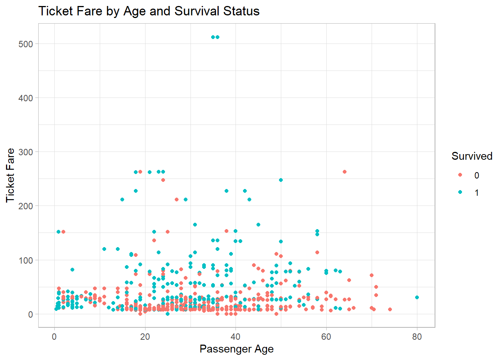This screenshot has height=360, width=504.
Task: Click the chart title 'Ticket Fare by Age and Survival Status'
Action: tap(149, 11)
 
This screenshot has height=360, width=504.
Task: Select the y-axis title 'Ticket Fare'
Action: tap(10, 175)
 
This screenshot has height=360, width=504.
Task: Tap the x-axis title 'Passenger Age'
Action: tap(236, 349)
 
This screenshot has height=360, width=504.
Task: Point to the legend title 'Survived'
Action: tap(472, 156)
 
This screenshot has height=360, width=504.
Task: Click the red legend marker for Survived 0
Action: tap(460, 175)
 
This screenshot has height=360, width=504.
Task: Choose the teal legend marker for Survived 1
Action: tap(460, 192)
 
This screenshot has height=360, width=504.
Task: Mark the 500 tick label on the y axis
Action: tap(25, 44)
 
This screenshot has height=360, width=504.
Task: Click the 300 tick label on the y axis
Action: tap(25, 152)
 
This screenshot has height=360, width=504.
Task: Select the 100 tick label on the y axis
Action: tap(25, 260)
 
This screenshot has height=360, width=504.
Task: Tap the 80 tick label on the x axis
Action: tap(417, 337)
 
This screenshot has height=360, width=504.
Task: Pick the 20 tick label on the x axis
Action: tap(145, 337)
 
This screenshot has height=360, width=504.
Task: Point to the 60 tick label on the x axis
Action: tap(326, 337)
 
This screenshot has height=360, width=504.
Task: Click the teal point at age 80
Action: tap(417, 297)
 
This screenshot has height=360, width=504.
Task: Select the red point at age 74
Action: tap(390, 309)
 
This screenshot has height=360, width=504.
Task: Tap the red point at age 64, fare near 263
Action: tap(344, 172)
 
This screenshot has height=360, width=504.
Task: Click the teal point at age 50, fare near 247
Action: tap(281, 180)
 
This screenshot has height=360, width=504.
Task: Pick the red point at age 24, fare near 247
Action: tap(163, 180)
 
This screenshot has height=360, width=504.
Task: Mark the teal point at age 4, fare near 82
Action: tap(72, 270)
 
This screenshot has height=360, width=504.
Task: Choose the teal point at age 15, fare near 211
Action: tap(122, 199)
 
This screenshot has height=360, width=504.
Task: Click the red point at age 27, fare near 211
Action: tap(177, 199)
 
